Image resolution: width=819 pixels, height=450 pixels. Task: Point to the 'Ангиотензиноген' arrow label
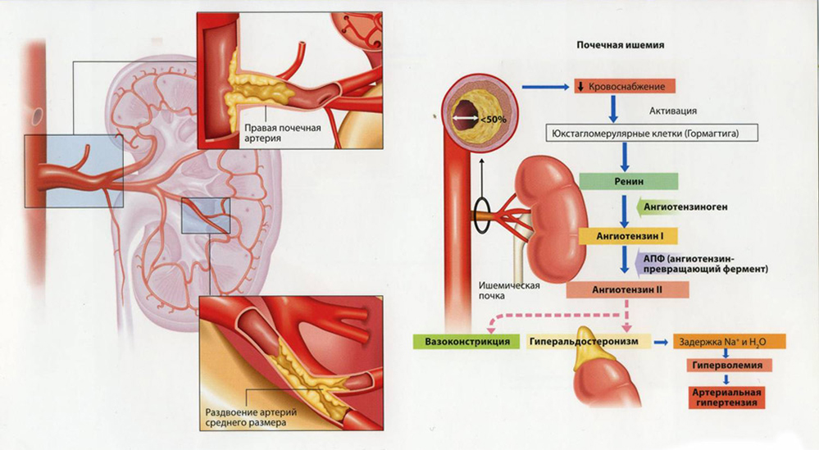pos(685,207)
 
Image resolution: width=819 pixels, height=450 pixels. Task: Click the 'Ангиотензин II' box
pos(627,289)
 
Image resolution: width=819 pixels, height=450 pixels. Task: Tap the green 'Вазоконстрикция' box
pos(463,340)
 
